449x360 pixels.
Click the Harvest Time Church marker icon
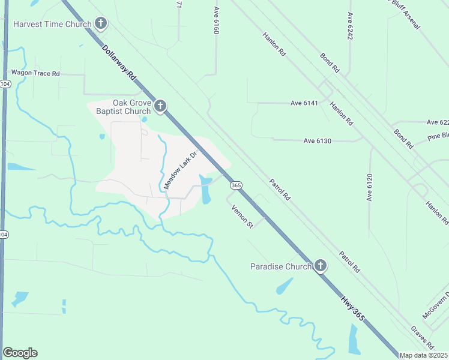(x=101, y=24)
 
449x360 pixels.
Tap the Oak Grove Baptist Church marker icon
(x=160, y=107)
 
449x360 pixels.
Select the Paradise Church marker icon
(x=321, y=266)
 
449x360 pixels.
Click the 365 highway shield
(x=236, y=186)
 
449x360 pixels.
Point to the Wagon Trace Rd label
(x=36, y=74)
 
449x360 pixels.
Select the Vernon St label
(x=243, y=217)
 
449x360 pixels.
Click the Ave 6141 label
(x=304, y=103)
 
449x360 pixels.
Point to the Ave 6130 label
(x=317, y=141)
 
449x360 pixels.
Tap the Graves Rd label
(x=423, y=338)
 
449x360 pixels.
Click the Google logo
(x=20, y=353)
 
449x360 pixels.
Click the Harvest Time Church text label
(x=52, y=25)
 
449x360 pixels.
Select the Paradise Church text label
(x=281, y=266)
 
